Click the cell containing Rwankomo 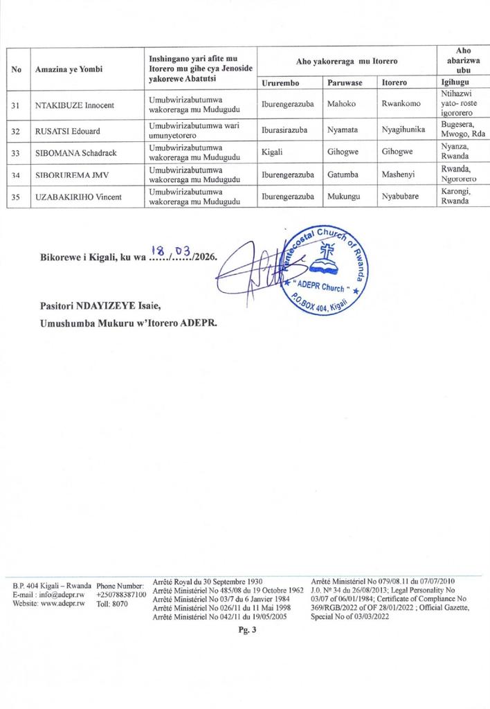tap(401, 105)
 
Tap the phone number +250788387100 tap(121, 594)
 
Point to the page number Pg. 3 tap(247, 629)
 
